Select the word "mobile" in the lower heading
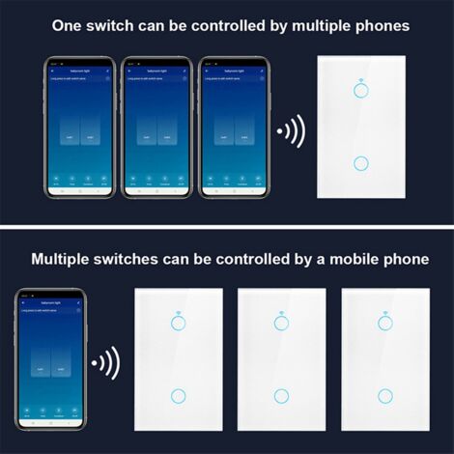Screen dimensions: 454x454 (x=332, y=259)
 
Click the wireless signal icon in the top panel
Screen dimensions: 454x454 (x=291, y=130)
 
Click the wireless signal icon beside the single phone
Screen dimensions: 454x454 (x=104, y=365)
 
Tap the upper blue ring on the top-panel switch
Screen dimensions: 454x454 (x=362, y=90)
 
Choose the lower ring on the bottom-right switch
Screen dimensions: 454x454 (x=385, y=395)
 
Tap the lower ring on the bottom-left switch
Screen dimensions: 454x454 (x=178, y=395)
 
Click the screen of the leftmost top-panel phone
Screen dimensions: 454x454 (x=79, y=127)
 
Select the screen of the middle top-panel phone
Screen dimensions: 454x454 (x=156, y=127)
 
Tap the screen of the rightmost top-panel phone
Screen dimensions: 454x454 (x=233, y=127)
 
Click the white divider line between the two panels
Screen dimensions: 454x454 (x=227, y=227)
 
